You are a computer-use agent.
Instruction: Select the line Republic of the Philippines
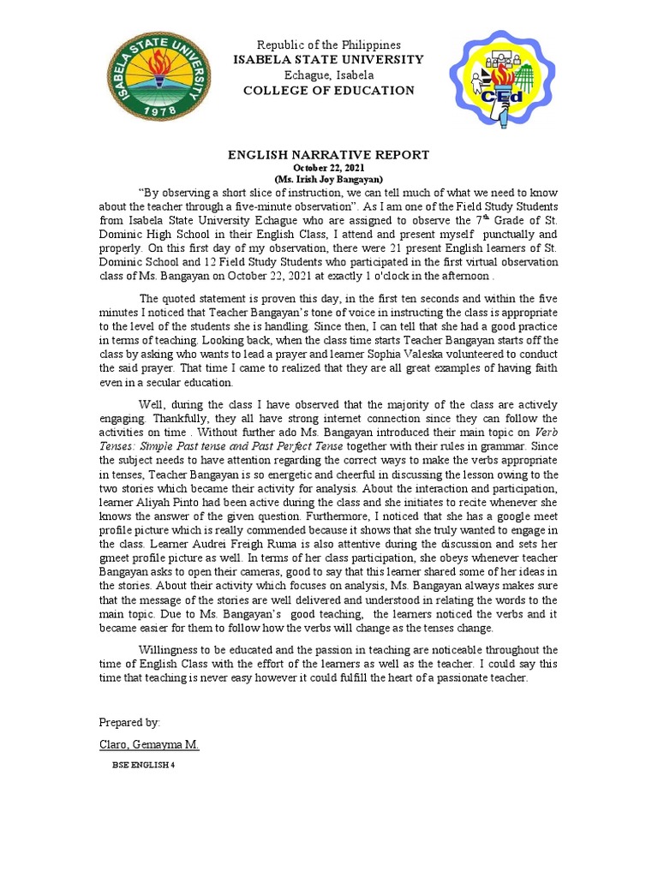click(x=330, y=45)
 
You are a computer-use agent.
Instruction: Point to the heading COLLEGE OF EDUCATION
click(x=329, y=91)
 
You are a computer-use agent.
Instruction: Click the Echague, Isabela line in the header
click(x=330, y=75)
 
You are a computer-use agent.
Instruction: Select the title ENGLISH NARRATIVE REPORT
click(x=328, y=155)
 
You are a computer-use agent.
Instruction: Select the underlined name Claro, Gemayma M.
click(x=149, y=744)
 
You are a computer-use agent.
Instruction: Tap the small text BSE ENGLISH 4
click(x=143, y=766)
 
